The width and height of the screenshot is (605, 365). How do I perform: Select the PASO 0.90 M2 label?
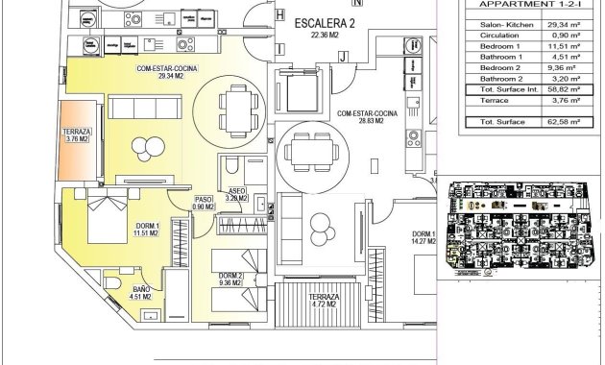[x=203, y=203]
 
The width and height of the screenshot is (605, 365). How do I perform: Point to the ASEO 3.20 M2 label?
[x=236, y=195]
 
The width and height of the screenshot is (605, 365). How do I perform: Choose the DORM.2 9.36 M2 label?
[x=231, y=280]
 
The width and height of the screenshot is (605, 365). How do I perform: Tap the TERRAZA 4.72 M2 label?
[x=325, y=304]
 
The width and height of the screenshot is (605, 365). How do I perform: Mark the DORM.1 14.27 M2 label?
[x=425, y=238]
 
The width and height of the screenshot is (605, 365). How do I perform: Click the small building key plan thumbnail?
[x=520, y=226]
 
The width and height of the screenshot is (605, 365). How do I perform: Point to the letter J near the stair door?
[x=342, y=58]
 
